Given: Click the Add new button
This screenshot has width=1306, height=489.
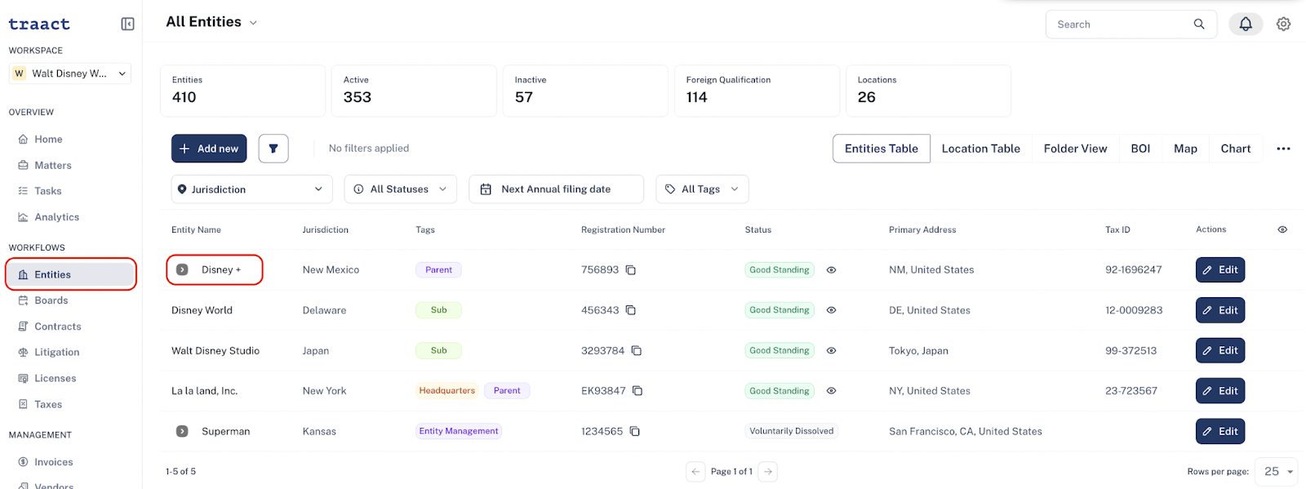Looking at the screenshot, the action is tap(209, 149).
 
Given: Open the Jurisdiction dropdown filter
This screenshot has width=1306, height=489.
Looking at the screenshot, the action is tap(252, 189).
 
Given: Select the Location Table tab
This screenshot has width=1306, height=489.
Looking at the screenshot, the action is tap(980, 149).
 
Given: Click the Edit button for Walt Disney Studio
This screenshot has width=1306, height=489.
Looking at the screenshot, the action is tap(1220, 350).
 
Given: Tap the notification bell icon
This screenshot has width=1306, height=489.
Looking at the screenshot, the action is tap(1246, 24).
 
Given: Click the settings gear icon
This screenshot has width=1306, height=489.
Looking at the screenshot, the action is tap(1283, 24).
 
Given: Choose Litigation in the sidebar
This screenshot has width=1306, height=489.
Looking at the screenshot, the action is tap(56, 352).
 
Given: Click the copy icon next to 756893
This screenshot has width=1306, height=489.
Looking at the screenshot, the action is tap(631, 270).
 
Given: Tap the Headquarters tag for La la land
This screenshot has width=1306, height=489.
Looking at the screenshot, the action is tap(446, 390).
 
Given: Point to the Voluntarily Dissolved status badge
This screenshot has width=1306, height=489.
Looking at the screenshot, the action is tap(791, 431).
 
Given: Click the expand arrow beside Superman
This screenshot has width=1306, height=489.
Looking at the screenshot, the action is tap(182, 431).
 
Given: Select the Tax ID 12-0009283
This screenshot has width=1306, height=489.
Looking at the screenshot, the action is tap(1134, 310).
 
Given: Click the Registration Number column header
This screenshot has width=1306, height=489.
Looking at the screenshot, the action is tap(623, 229).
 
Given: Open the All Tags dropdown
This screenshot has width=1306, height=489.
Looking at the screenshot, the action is tap(702, 189).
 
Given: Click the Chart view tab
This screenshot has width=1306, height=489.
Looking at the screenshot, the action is tap(1236, 149).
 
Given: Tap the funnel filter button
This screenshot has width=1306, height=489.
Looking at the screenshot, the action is tap(273, 149).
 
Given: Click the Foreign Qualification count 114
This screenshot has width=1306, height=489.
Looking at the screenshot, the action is tap(697, 97).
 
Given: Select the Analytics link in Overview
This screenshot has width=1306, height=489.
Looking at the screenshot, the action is tap(56, 217).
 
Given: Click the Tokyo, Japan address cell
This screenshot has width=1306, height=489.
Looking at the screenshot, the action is tap(918, 351).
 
